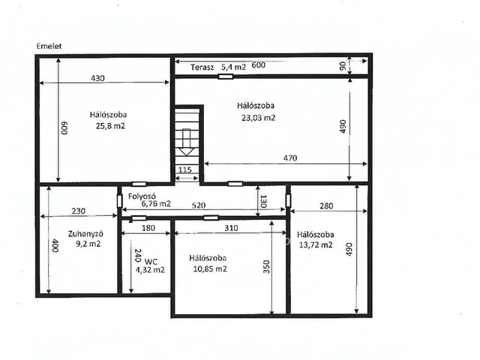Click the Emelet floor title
coord(49,46)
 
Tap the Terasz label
coord(202,67)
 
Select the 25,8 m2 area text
coord(110,126)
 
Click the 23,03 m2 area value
coord(258,118)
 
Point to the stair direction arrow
coord(187,142)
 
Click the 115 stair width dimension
coord(185,169)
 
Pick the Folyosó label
coord(142,196)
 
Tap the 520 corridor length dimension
coord(198,205)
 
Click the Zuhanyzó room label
coord(85,234)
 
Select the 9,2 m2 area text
coord(88,244)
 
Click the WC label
coord(151,262)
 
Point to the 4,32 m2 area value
coord(150,270)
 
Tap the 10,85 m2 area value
coord(210,269)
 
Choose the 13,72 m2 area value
coord(316,245)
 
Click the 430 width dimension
coord(97,78)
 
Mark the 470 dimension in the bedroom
coord(290,158)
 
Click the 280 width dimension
coord(326,206)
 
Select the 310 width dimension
coord(231,228)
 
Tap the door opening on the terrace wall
coord(226,76)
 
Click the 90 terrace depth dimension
coord(343,66)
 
